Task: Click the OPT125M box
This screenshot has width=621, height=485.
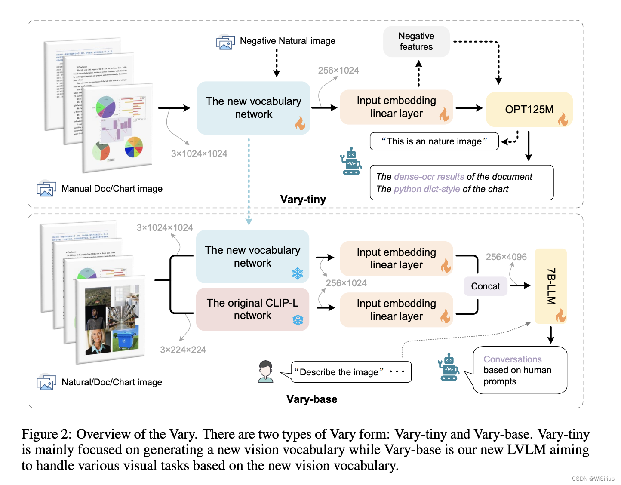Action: (529, 109)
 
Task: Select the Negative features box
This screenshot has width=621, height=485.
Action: (416, 42)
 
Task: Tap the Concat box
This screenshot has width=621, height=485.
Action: (486, 286)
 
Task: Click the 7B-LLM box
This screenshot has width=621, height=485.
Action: (550, 286)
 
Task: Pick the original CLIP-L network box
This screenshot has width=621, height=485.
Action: (252, 309)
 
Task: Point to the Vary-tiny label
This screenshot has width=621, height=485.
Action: (303, 200)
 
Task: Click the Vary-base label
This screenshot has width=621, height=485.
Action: (312, 399)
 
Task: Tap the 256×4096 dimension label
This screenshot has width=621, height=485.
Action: (506, 257)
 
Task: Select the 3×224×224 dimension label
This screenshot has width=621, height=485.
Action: (183, 350)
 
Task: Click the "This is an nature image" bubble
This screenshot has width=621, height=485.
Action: (434, 141)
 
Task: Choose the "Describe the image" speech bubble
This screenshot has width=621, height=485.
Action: (351, 372)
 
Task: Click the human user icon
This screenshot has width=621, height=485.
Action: (266, 371)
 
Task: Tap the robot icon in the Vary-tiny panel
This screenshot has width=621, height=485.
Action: (351, 161)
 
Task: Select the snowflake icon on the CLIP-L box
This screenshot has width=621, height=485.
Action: (298, 320)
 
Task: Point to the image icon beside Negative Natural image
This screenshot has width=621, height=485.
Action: (225, 42)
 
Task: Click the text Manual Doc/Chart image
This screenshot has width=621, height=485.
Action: (112, 189)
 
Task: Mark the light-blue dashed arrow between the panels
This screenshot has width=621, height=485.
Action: (249, 181)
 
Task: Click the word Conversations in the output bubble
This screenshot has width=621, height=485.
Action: (512, 359)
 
